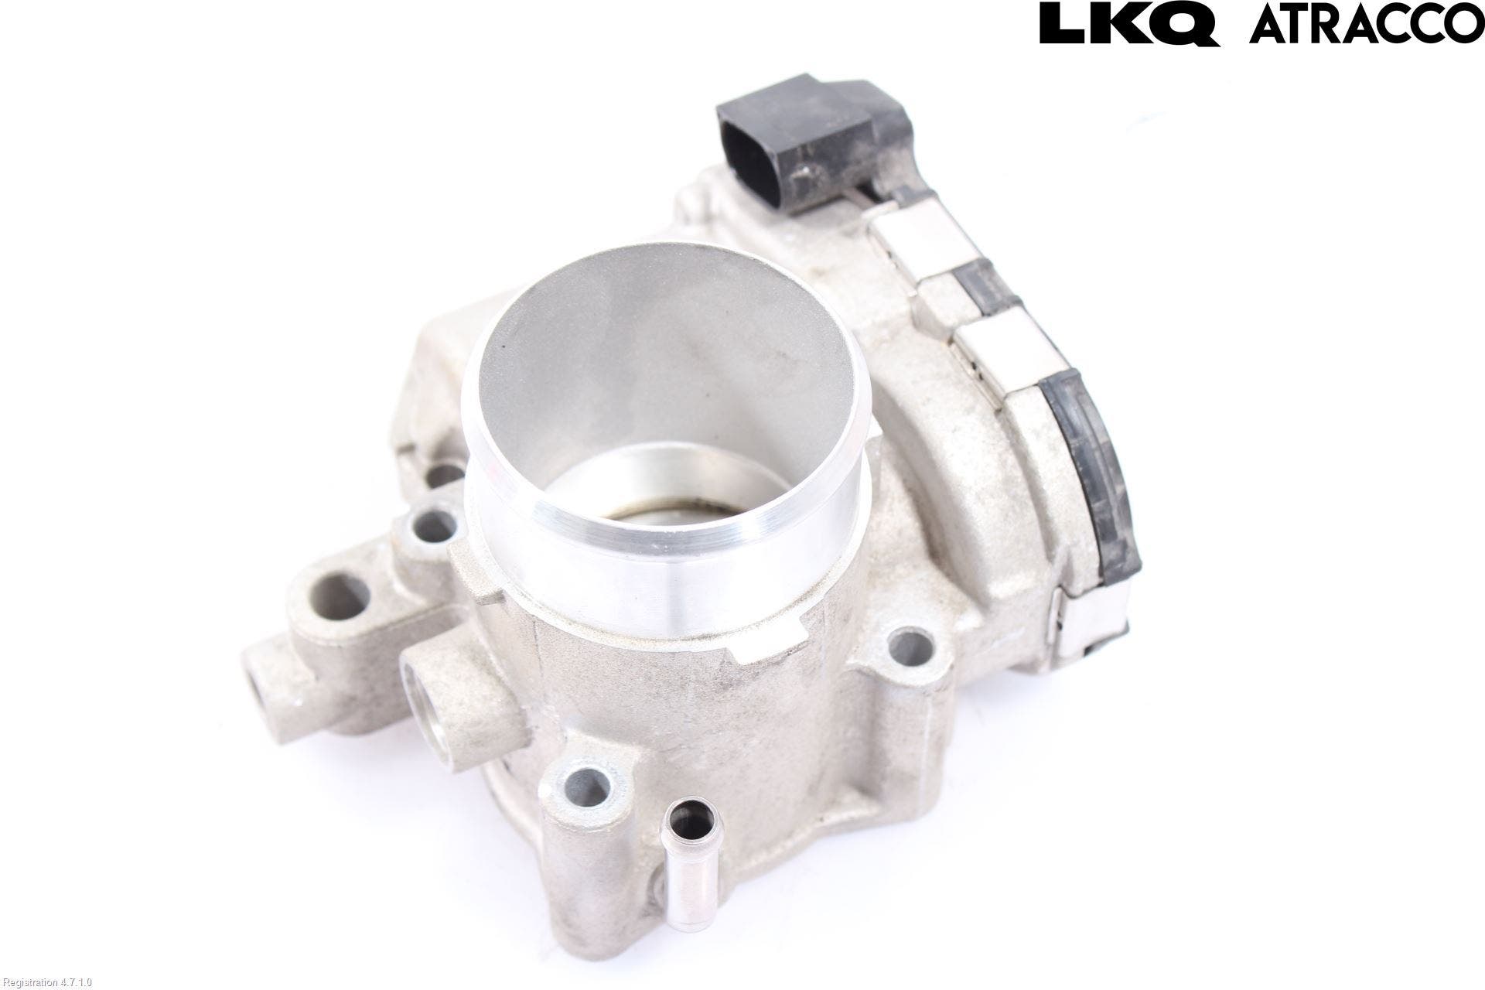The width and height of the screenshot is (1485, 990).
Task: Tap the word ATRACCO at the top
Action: pos(1367,23)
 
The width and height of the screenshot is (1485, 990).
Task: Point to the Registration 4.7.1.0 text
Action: pos(47,982)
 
